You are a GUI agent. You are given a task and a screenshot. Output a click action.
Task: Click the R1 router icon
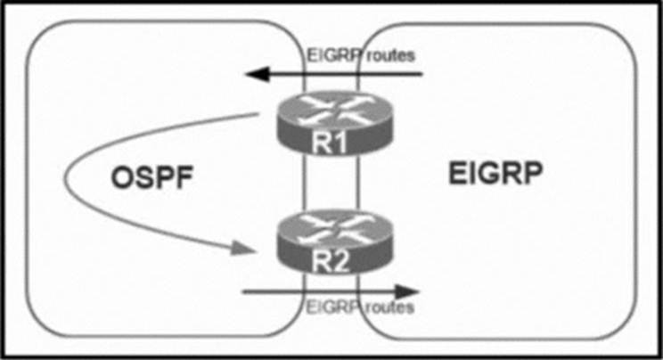(x=334, y=124)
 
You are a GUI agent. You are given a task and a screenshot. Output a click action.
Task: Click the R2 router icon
(x=334, y=241)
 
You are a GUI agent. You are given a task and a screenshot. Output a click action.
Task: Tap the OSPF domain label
(x=151, y=177)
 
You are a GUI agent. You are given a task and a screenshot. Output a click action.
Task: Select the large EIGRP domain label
(x=495, y=173)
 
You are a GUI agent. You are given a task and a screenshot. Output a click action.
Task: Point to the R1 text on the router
(x=330, y=143)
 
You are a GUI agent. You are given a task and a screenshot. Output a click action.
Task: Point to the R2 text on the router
(x=331, y=261)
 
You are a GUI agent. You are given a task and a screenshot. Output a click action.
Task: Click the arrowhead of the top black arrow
(x=258, y=75)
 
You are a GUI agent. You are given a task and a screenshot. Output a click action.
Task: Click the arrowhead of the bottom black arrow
(x=406, y=292)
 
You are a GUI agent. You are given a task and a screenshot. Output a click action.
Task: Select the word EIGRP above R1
(x=334, y=55)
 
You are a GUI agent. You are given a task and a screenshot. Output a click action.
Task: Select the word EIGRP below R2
(x=333, y=307)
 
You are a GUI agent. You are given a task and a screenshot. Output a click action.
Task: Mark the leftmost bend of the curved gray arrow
(x=65, y=180)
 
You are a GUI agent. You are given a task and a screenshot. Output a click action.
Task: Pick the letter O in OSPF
(x=121, y=177)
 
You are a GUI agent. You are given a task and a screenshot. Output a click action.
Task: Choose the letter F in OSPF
(x=184, y=177)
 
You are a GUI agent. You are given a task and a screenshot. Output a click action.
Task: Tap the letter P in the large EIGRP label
(x=532, y=173)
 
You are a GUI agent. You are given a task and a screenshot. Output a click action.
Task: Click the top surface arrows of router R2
(x=334, y=228)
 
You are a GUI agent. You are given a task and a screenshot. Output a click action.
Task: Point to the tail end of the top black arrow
(x=422, y=75)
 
